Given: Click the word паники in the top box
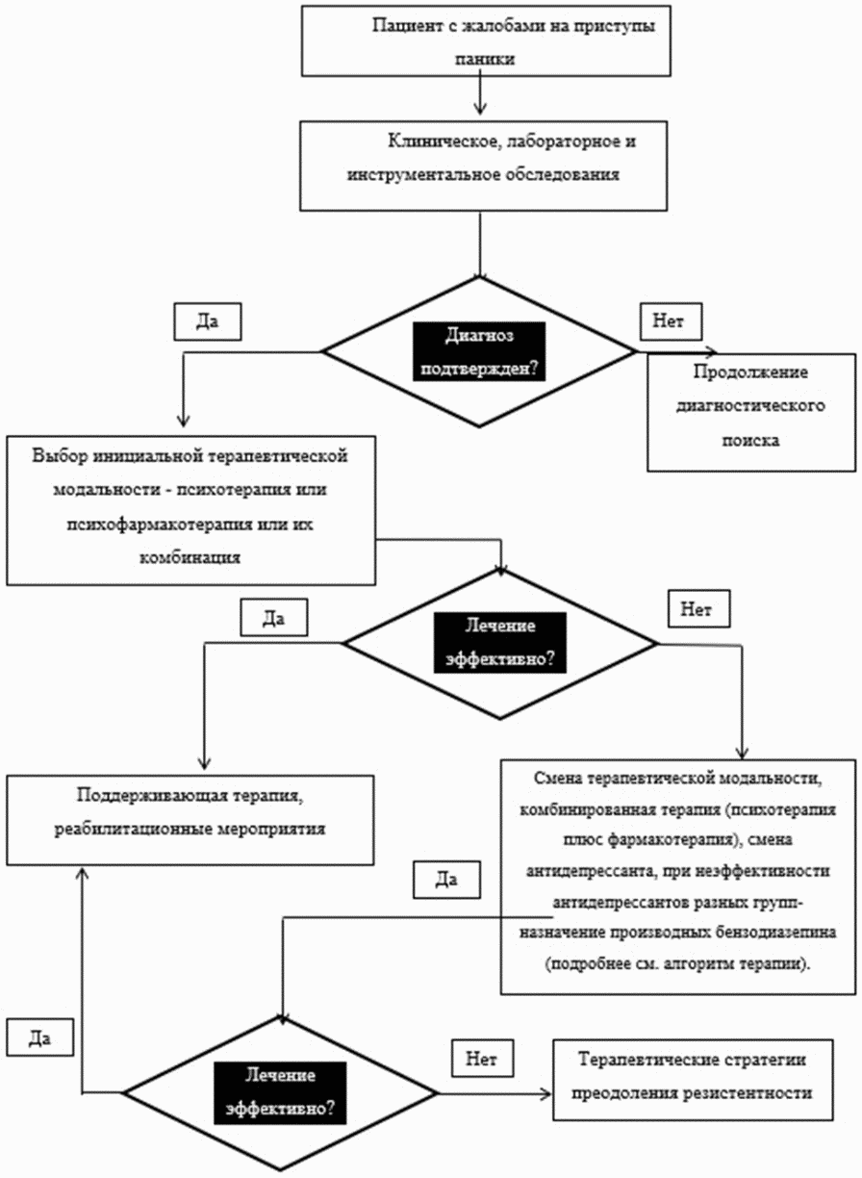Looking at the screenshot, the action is [x=485, y=60].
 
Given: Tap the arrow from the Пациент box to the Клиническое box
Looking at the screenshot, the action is [x=480, y=94].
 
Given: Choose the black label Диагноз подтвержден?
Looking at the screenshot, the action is [x=479, y=352].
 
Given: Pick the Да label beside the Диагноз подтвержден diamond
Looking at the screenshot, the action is [x=208, y=321].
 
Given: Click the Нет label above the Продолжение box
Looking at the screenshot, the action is [x=671, y=321].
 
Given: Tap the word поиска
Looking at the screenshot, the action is [x=750, y=440].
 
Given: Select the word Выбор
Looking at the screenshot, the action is [x=60, y=455].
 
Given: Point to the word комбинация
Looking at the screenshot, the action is [x=190, y=557].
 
